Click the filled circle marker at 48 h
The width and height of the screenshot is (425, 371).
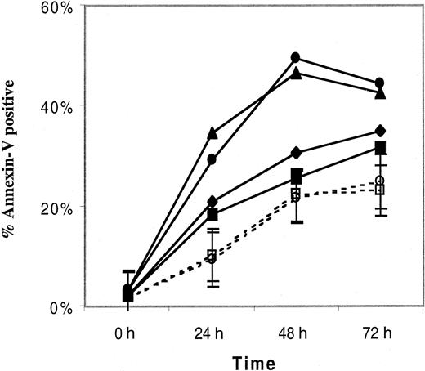coord(296,58)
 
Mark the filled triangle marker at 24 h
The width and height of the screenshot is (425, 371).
coord(212,132)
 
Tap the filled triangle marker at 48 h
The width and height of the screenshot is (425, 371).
coord(296,74)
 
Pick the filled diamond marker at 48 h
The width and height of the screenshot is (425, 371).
coord(296,153)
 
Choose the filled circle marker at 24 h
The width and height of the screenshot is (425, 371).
coord(212,159)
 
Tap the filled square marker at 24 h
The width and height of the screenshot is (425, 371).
coord(212,215)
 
